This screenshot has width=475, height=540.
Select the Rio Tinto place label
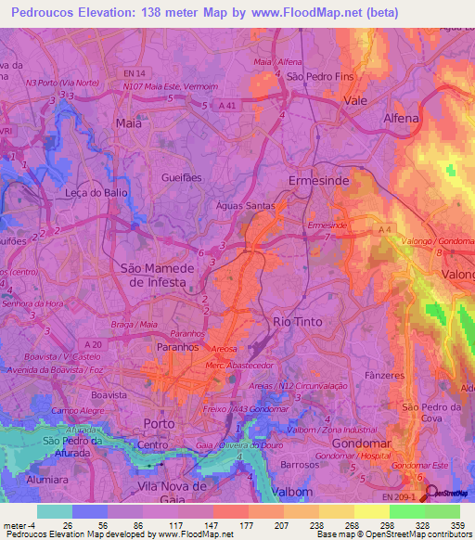(296, 321)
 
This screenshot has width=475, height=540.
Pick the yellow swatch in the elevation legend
(373, 511)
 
